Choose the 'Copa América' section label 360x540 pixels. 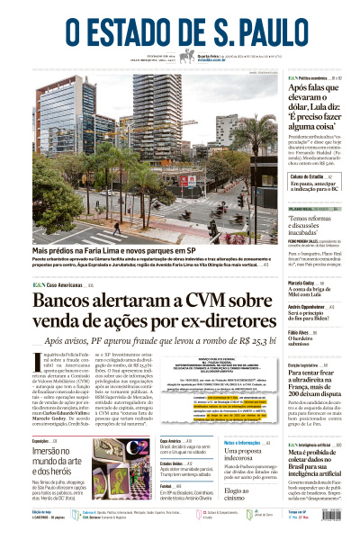pyautogui.click(x=172, y=441)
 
